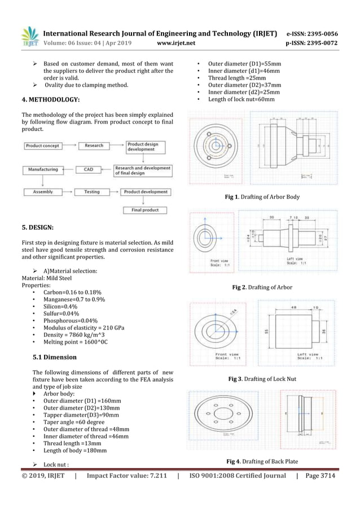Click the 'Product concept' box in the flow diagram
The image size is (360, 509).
point(43,146)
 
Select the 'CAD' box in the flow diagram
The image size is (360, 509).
point(89,169)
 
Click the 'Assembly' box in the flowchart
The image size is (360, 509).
point(43,192)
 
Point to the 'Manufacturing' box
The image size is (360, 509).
point(43,169)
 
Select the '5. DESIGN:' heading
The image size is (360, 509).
point(38,228)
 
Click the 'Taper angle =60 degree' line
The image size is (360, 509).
point(74,422)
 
